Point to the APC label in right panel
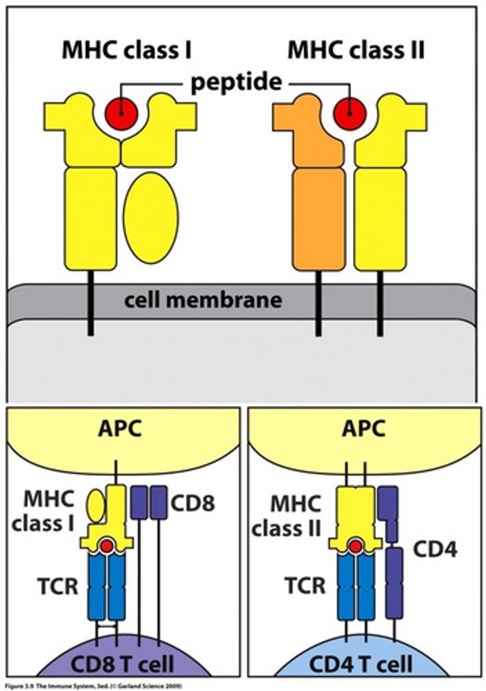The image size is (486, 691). click(x=364, y=428)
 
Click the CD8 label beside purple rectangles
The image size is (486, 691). click(x=192, y=503)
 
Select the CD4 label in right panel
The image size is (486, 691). click(x=435, y=550)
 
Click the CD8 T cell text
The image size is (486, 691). click(x=121, y=664)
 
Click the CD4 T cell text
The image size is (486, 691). click(x=361, y=664)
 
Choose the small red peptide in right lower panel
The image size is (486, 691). click(x=355, y=545)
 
